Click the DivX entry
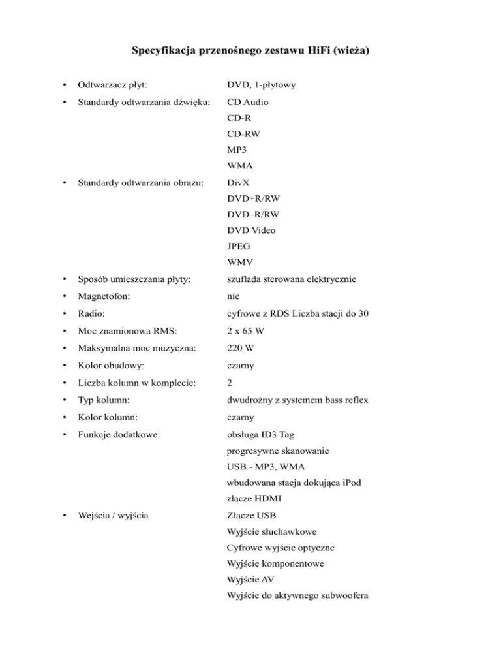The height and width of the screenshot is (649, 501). (x=239, y=184)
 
